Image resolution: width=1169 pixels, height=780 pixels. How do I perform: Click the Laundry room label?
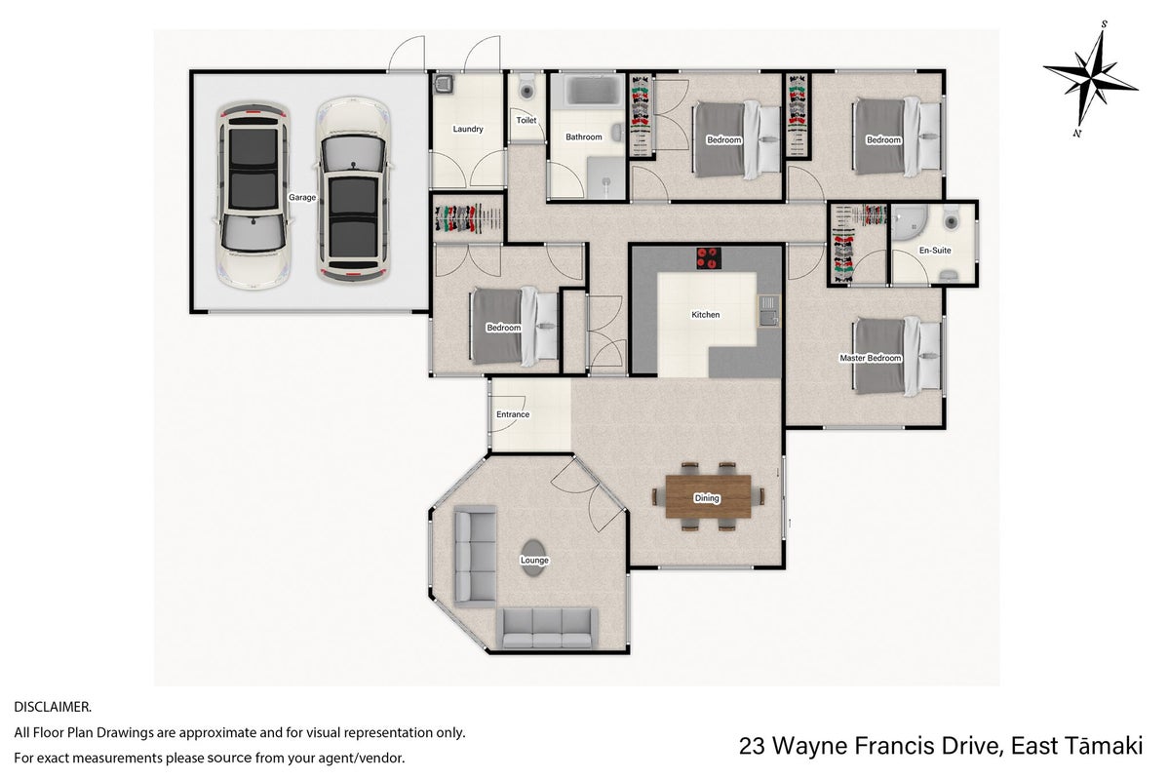click(468, 129)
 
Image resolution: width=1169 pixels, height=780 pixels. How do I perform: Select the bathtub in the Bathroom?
click(594, 92)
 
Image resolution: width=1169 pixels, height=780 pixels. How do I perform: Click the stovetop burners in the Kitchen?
click(709, 258)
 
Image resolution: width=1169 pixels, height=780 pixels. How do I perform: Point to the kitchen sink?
click(768, 311)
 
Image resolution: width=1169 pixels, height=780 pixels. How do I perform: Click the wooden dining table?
click(708, 496)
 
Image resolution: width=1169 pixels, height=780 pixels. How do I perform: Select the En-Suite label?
click(935, 251)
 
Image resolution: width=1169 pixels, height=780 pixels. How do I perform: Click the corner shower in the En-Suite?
click(908, 222)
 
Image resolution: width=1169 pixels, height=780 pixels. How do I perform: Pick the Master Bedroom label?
click(871, 358)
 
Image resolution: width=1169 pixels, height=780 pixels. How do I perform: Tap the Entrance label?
click(513, 414)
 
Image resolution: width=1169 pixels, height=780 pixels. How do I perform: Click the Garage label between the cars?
click(302, 198)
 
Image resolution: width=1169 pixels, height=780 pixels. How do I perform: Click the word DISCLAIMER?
click(53, 707)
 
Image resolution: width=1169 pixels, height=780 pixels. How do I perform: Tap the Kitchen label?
click(705, 315)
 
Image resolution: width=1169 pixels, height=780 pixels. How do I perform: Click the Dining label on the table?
click(707, 498)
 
